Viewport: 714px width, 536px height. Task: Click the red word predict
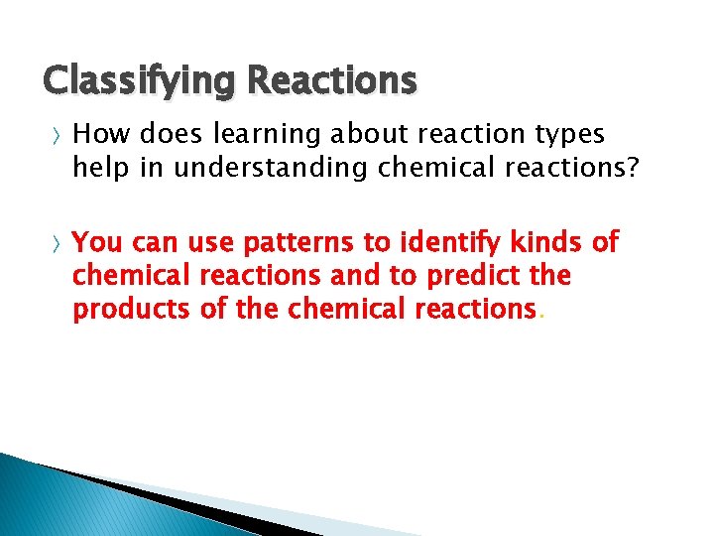pos(474,274)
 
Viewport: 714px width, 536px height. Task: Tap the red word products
pos(132,309)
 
